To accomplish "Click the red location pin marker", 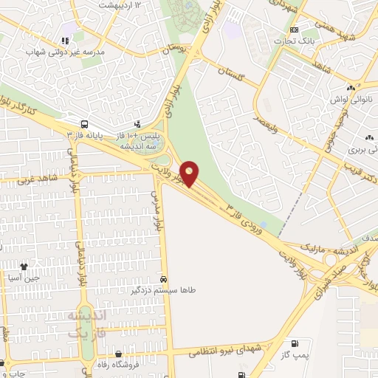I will [190, 173].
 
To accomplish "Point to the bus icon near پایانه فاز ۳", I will [86, 124].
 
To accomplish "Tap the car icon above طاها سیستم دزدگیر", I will [163, 280].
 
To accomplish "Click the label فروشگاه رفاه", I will [122, 365].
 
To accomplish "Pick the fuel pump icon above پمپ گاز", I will [295, 344].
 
